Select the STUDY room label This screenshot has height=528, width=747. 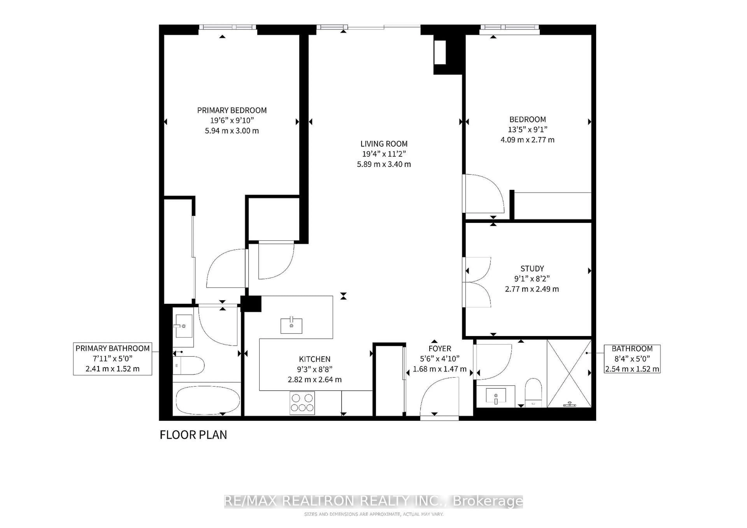pos(532,268)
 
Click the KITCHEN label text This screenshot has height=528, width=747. pos(314,359)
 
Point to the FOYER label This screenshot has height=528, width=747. pos(440,349)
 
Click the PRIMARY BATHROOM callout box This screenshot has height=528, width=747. pos(113,359)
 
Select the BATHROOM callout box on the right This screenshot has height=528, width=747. pos(632,359)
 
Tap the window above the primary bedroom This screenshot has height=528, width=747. pos(227,27)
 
